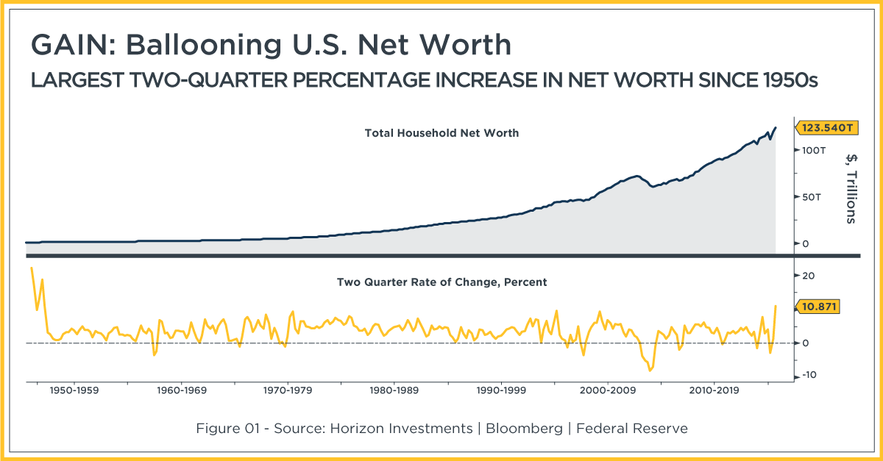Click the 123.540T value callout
(x=827, y=128)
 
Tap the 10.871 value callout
(x=818, y=307)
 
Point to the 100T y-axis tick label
(x=814, y=151)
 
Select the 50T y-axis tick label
(x=811, y=197)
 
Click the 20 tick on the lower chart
(x=808, y=276)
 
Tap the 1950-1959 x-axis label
(x=74, y=390)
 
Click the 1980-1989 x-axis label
(x=394, y=390)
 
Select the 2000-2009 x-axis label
(x=608, y=390)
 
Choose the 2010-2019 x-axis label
(x=714, y=390)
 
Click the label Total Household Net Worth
(x=441, y=133)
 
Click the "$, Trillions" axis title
(x=851, y=189)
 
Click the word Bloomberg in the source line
(x=524, y=429)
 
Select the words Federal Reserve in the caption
(x=632, y=429)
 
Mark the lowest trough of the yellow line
(x=650, y=371)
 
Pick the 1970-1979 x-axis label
(x=288, y=390)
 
